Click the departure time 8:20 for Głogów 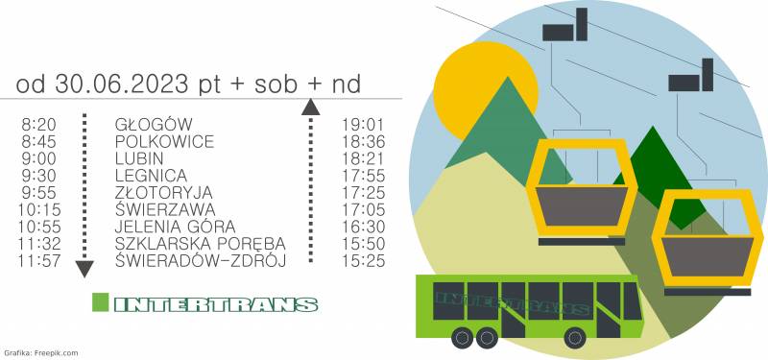pos(38,125)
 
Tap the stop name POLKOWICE pos(164,141)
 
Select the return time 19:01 pos(363,125)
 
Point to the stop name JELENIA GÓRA pos(175,227)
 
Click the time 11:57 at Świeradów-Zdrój pos(39,260)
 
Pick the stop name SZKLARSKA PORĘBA pos(201,244)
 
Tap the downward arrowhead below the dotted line pos(84,269)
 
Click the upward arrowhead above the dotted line pos(310,108)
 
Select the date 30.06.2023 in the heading pos(122,84)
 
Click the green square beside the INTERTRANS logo pos(101,301)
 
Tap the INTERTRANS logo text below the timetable pos(216,304)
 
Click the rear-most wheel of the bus pos(462,338)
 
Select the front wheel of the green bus pos(575,338)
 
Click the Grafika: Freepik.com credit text pos(40,352)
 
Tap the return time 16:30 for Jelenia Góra pos(363,227)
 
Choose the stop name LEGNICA pos(151,176)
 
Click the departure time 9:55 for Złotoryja pos(38,193)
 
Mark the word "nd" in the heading pos(347,84)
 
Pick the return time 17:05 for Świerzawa pos(363,209)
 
